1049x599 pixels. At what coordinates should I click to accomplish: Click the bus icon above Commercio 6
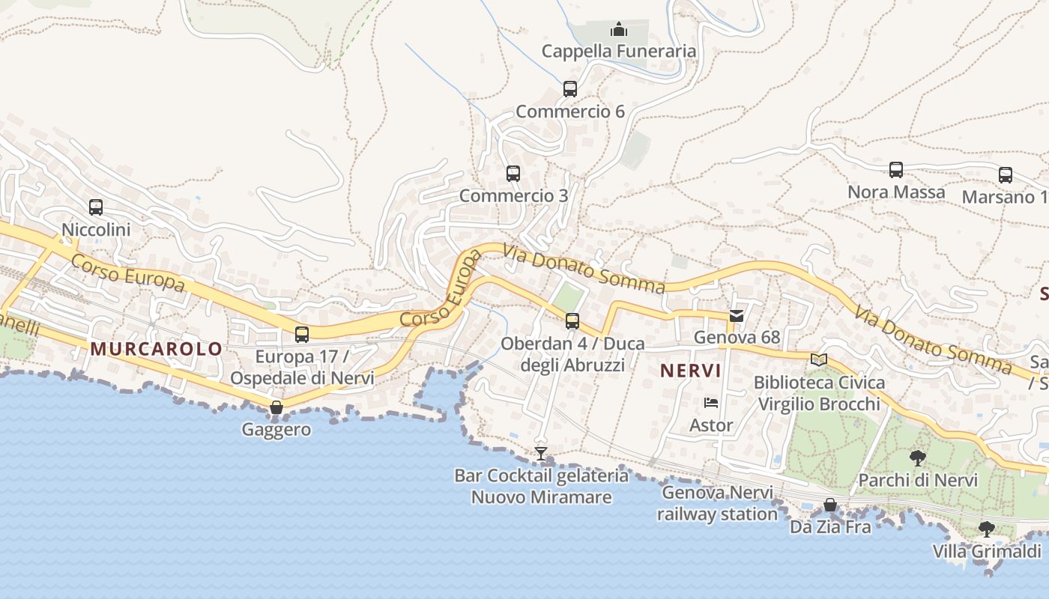[570, 89]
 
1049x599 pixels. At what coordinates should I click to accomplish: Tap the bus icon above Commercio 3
[513, 174]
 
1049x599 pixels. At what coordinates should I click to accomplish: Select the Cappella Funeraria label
[619, 51]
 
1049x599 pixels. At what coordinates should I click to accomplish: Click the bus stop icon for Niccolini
[96, 207]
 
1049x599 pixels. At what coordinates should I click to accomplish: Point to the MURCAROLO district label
[157, 348]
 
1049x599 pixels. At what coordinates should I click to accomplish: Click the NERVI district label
[691, 370]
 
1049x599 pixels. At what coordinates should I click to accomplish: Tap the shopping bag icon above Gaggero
[276, 407]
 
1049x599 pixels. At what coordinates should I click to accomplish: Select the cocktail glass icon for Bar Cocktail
[541, 454]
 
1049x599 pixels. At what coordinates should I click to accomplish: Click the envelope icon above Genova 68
[737, 316]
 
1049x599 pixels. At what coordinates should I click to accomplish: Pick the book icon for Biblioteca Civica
[819, 360]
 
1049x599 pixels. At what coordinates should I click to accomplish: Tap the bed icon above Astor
[711, 403]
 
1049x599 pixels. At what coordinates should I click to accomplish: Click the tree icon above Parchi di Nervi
[917, 458]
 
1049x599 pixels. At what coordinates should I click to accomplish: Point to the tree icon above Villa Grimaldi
[987, 529]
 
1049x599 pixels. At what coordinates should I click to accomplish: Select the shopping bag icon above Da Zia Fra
[830, 505]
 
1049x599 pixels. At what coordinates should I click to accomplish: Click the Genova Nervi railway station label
[717, 503]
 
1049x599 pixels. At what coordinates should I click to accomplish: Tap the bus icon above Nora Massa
[896, 170]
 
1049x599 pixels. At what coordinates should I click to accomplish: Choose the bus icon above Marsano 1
[1006, 175]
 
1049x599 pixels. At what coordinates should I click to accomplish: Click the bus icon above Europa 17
[302, 335]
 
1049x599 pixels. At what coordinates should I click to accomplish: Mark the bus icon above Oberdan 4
[572, 321]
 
